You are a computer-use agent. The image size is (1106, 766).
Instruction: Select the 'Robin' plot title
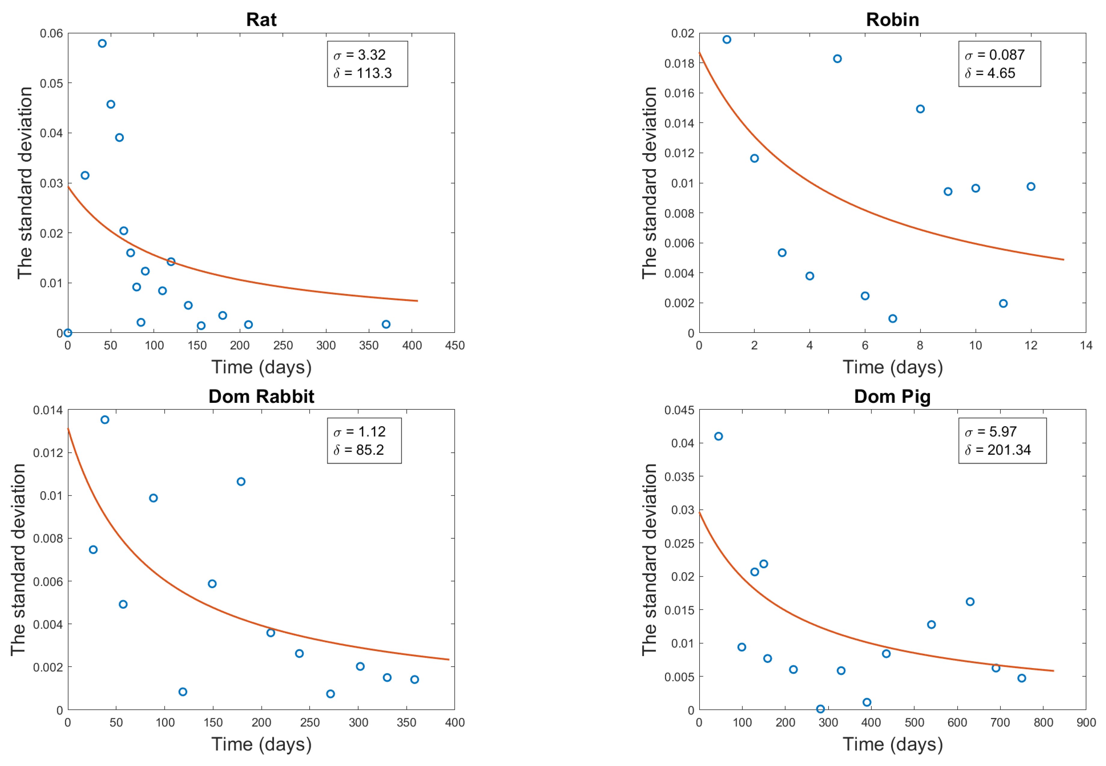pyautogui.click(x=892, y=20)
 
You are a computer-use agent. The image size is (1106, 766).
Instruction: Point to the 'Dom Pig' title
pyautogui.click(x=892, y=397)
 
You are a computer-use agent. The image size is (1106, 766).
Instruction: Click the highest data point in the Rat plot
pyautogui.click(x=102, y=44)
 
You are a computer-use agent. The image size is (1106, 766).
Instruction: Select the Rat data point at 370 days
pyautogui.click(x=386, y=324)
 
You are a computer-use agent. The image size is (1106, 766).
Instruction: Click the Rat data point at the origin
pyautogui.click(x=68, y=333)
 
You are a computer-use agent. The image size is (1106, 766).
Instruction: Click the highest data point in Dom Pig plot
pyautogui.click(x=718, y=436)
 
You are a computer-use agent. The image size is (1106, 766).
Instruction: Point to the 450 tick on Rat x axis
pyautogui.click(x=454, y=345)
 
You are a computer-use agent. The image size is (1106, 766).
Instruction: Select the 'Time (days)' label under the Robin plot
pyautogui.click(x=892, y=367)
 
